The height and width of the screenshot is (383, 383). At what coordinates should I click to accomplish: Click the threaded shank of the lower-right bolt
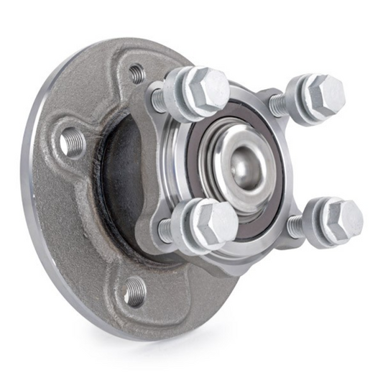(295, 227)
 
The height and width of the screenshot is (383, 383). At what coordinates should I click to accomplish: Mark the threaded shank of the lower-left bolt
(166, 229)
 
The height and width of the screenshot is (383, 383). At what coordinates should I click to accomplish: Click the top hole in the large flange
(135, 72)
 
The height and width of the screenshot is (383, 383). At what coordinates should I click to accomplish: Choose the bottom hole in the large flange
(134, 291)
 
